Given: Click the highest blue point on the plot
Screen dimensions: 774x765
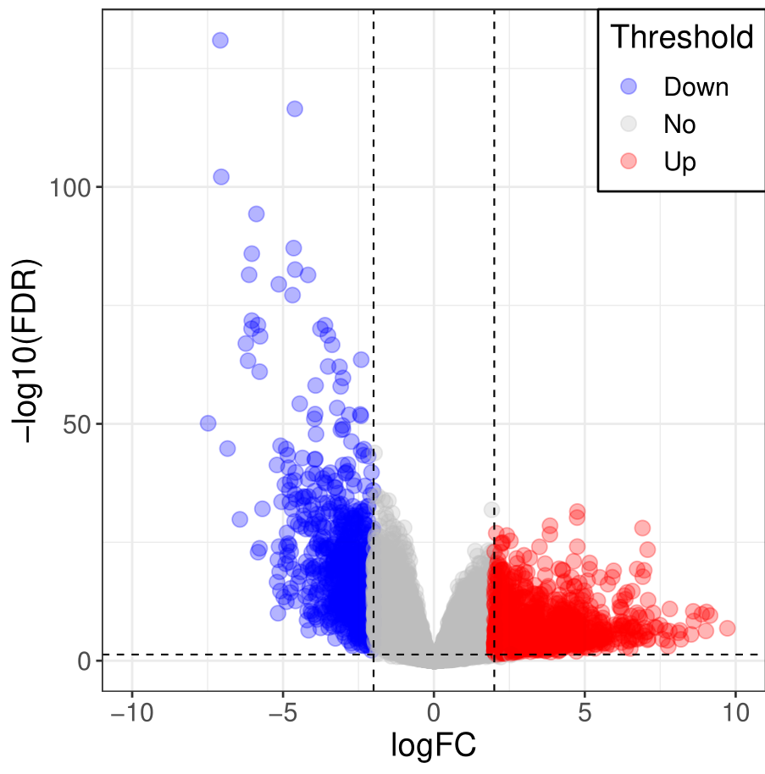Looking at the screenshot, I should [x=220, y=40].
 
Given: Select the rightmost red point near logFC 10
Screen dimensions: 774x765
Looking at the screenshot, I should [x=727, y=628].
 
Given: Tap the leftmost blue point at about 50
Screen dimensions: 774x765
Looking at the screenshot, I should [x=208, y=423].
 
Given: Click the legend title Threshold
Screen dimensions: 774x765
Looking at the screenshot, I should [x=682, y=37].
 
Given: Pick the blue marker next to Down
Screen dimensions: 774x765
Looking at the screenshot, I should [x=629, y=86].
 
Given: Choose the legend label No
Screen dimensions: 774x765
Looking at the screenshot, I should [x=679, y=124].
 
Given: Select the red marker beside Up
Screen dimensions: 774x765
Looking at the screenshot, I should [x=629, y=162].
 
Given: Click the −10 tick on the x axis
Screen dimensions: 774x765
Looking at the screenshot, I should [x=131, y=711].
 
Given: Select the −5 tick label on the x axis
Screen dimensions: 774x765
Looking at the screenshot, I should [x=283, y=711].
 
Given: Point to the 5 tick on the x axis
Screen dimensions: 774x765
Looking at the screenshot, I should [x=585, y=711].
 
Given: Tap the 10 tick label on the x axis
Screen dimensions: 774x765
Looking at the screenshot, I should [x=735, y=711].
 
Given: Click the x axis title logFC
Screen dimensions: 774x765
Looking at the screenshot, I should [x=433, y=747].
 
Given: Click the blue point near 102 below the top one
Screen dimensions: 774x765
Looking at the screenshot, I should [x=221, y=176].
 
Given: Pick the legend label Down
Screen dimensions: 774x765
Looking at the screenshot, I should [x=696, y=86].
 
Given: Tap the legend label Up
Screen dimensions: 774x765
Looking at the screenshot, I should [x=679, y=162].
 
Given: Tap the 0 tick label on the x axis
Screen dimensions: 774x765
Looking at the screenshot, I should [x=434, y=711].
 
